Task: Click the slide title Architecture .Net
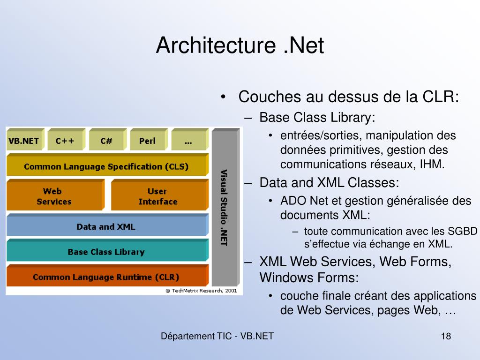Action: coord(240,45)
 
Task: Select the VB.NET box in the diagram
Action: coord(23,141)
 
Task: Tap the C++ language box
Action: coord(65,141)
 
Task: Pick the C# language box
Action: coord(106,141)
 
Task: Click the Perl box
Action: coord(147,141)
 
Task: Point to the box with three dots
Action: coord(188,141)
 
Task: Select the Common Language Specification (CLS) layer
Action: coord(106,166)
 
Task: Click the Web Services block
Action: coord(54,196)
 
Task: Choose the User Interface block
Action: coord(158,196)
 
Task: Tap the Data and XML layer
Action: coord(106,227)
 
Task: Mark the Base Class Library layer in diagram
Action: coord(106,252)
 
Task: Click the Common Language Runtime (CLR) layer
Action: coord(106,277)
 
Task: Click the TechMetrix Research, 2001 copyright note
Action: coord(202,291)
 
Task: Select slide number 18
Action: coord(446,336)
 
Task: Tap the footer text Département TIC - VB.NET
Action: coord(217,336)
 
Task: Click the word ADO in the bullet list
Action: coord(292,201)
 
